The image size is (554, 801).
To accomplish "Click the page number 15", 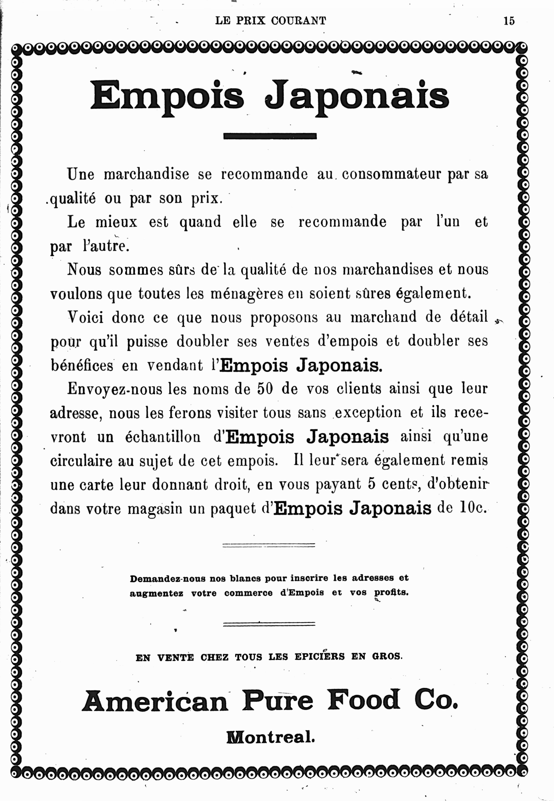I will click(509, 21).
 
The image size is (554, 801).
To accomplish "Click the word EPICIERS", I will click(319, 656).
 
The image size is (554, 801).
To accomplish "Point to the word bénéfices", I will click(82, 365).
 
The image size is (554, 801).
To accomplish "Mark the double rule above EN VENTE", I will click(269, 624).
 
